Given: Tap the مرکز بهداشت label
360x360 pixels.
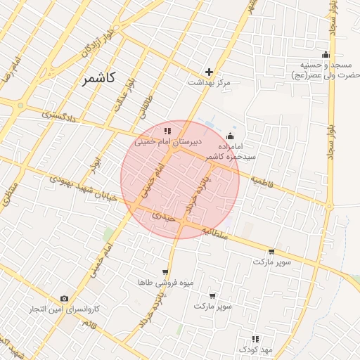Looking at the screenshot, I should point(209,82).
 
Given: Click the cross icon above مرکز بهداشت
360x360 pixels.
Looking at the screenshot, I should point(209,72).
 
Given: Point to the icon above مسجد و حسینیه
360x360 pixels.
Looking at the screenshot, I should point(325,55).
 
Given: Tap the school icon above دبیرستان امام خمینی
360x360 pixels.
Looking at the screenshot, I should point(167,131).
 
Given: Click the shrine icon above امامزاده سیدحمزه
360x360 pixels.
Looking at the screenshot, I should point(231,136).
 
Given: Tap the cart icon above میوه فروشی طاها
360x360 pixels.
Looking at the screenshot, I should point(165,271).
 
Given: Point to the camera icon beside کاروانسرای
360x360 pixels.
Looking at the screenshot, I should point(65,299).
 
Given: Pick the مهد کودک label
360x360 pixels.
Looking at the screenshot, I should point(255,349).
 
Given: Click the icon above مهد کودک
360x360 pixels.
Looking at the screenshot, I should point(255,339).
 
